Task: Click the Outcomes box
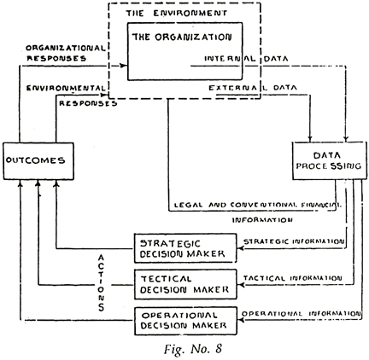pyautogui.click(x=34, y=160)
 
